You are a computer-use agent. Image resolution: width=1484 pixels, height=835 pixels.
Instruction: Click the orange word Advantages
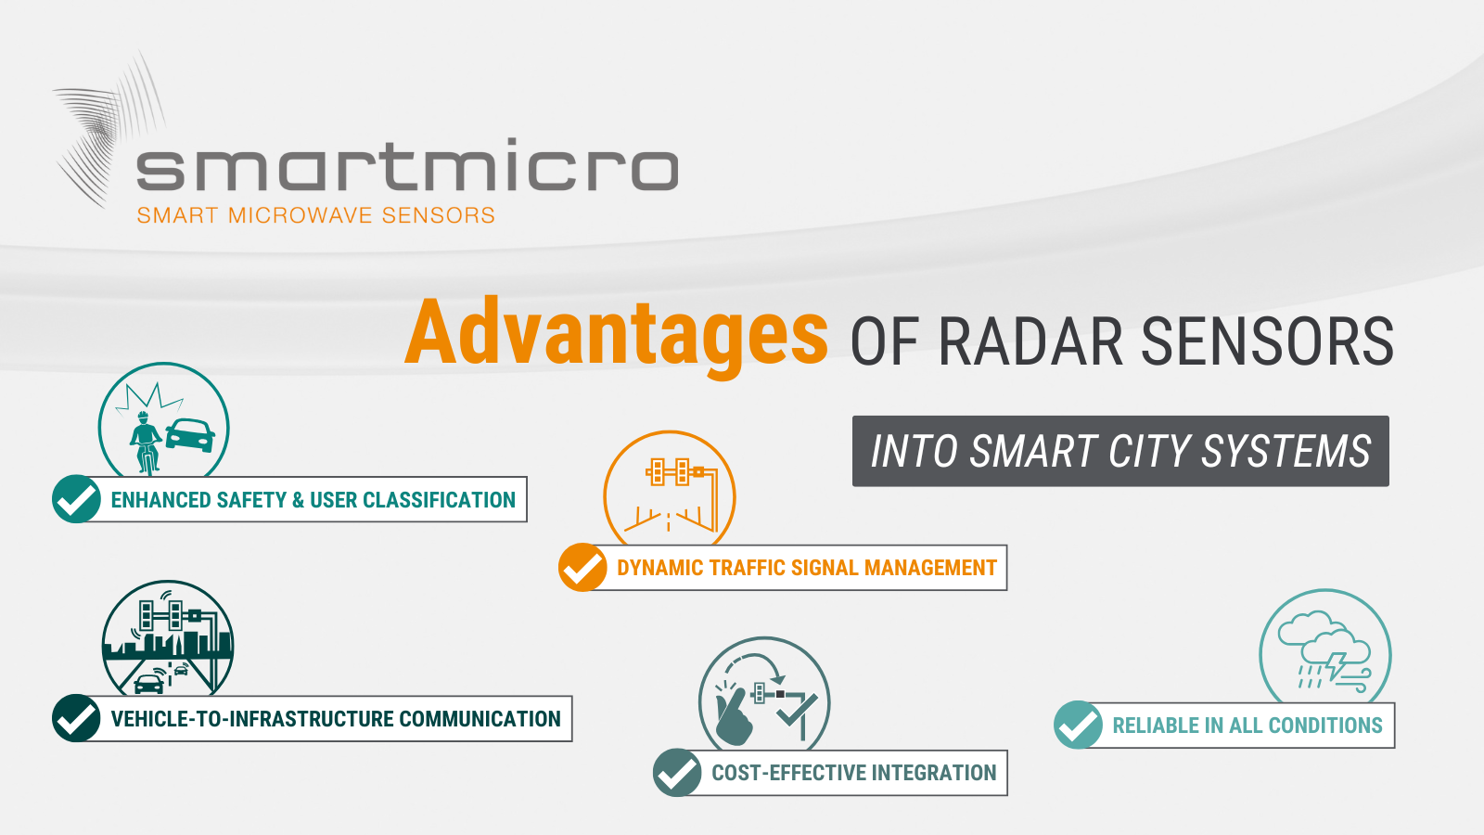coord(616,335)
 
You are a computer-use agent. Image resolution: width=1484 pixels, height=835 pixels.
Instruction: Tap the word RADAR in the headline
coord(1030,341)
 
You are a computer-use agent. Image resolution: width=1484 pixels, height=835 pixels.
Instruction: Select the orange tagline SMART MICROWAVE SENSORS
coord(316,215)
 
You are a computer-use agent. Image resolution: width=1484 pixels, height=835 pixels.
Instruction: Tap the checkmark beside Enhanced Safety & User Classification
coord(76,499)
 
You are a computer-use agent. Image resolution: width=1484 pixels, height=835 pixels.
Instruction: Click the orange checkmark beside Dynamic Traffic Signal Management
coord(582,567)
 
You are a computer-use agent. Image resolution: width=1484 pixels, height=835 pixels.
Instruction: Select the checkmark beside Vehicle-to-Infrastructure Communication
coord(76,718)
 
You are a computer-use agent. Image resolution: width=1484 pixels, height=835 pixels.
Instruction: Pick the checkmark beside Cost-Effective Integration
coord(677,773)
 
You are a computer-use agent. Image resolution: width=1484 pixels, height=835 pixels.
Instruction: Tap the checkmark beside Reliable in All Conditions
coord(1078,725)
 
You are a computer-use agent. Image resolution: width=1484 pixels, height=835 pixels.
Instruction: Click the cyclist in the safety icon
coord(145,442)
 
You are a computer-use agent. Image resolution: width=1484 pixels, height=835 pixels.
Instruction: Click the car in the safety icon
coord(190,435)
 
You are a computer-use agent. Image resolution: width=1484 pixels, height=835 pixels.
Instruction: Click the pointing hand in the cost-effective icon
coord(734,715)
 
